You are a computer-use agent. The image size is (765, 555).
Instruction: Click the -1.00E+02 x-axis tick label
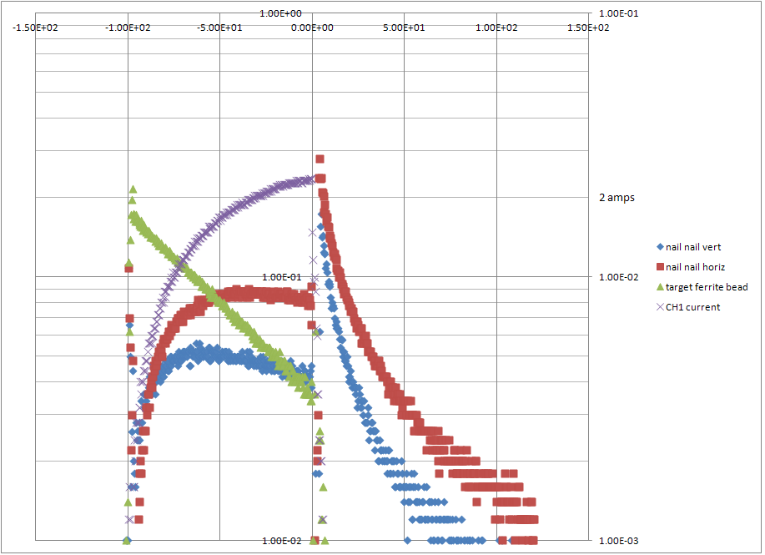(128, 27)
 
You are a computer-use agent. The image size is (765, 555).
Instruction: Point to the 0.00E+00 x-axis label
(312, 27)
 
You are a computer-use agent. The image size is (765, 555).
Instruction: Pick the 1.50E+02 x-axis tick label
(589, 27)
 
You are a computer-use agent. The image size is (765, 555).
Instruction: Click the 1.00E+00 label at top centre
(286, 13)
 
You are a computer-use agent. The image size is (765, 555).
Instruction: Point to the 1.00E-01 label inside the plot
(286, 276)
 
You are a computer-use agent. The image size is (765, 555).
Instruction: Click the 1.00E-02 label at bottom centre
(286, 540)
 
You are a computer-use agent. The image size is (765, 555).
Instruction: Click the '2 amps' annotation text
(617, 198)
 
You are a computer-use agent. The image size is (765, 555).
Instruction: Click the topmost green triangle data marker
(132, 189)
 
